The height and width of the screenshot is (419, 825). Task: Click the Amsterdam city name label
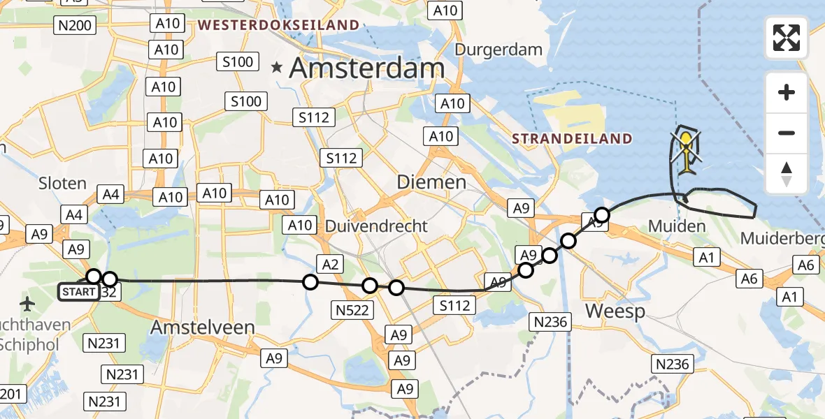tap(366, 68)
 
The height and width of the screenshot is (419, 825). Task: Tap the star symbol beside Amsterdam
tap(278, 68)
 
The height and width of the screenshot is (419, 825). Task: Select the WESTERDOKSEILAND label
tap(278, 26)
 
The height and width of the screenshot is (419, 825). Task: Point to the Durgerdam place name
tap(498, 50)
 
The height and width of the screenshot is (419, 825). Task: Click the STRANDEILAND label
tap(572, 138)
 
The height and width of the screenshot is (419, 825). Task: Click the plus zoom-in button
tap(787, 92)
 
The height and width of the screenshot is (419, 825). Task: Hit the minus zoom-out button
tap(787, 133)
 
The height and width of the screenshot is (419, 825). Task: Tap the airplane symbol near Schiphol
tap(27, 304)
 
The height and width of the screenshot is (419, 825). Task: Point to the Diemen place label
tap(431, 182)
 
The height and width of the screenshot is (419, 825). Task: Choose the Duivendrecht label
tap(378, 226)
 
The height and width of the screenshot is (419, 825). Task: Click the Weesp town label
tap(615, 311)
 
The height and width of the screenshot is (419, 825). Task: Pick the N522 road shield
tap(352, 310)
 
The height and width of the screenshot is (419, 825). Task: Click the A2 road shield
tap(331, 263)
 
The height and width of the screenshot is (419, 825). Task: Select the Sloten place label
tap(62, 183)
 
